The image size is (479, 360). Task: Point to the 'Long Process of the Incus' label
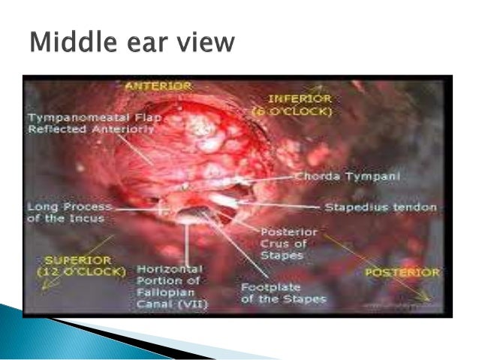click(x=69, y=212)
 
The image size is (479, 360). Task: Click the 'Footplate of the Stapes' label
click(x=283, y=292)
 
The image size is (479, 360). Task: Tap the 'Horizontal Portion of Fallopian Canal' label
click(x=170, y=286)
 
